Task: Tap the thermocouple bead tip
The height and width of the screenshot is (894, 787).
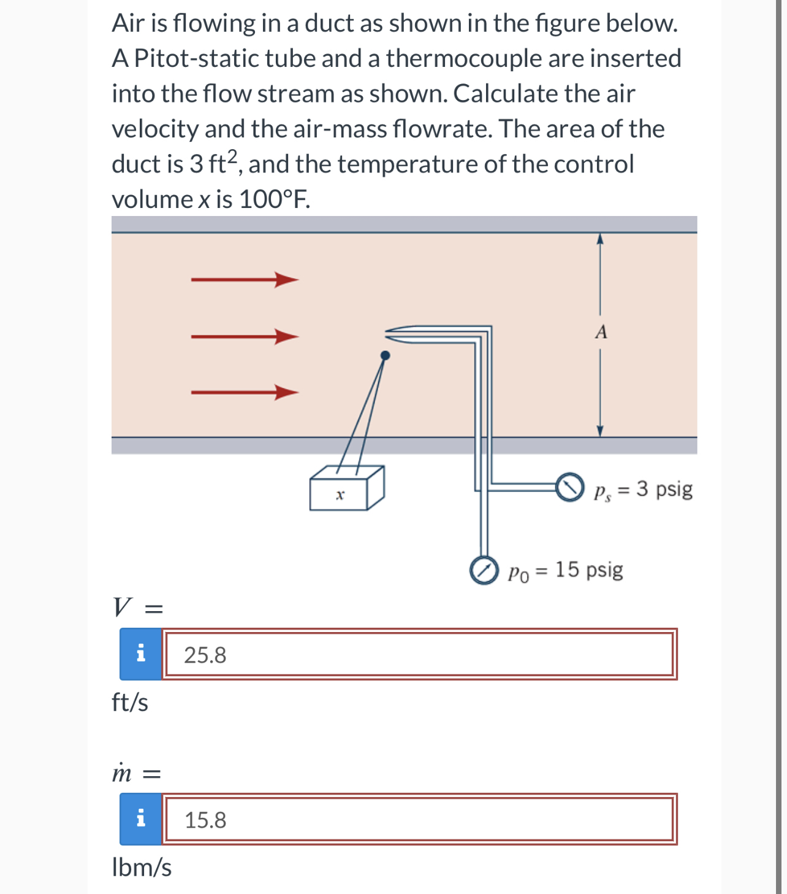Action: tap(385, 355)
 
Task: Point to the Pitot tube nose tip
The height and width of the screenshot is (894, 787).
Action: tap(387, 333)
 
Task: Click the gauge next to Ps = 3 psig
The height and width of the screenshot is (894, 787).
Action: tap(570, 487)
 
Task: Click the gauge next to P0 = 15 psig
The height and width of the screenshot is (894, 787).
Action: tap(484, 571)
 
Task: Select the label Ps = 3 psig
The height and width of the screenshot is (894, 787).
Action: tap(643, 489)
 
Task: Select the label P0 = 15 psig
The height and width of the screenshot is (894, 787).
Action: tap(565, 570)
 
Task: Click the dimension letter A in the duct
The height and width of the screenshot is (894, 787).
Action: tap(601, 332)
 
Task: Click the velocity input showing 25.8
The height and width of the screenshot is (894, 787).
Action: tap(419, 655)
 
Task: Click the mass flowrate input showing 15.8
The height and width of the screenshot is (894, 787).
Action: tap(419, 819)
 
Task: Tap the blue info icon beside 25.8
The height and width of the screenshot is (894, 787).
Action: tap(141, 653)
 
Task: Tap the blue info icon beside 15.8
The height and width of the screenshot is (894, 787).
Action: tap(141, 819)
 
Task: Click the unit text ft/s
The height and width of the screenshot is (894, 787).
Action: tap(130, 702)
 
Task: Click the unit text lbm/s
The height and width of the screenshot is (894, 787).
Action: tap(142, 867)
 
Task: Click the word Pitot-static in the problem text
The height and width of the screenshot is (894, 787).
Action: tap(196, 58)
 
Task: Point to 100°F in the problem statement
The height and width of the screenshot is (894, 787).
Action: tap(274, 199)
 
